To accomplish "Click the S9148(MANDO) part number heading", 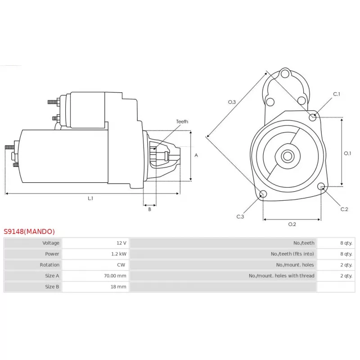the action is click(x=29, y=231).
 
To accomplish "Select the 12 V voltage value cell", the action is click(x=121, y=243).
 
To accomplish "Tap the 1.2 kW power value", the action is click(x=119, y=254).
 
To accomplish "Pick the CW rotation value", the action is click(x=121, y=265).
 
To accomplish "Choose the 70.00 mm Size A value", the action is click(x=115, y=276).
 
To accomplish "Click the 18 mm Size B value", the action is click(x=118, y=287).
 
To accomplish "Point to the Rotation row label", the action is click(x=49, y=265).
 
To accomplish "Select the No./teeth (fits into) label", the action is click(x=292, y=254).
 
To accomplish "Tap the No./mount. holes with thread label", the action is click(x=282, y=276).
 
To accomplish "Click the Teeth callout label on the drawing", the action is click(x=182, y=121).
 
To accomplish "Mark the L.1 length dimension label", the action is click(x=90, y=198).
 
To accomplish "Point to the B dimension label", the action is click(x=150, y=209).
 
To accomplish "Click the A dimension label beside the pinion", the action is click(x=196, y=155).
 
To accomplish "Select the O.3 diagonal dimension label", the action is click(x=232, y=102).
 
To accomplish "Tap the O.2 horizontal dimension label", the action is click(x=292, y=224).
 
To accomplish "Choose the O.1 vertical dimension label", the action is click(x=347, y=153).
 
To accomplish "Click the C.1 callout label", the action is click(x=337, y=94).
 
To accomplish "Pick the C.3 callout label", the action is click(x=240, y=216).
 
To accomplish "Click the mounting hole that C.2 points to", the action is click(x=321, y=186).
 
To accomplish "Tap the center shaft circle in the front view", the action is click(x=288, y=156).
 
